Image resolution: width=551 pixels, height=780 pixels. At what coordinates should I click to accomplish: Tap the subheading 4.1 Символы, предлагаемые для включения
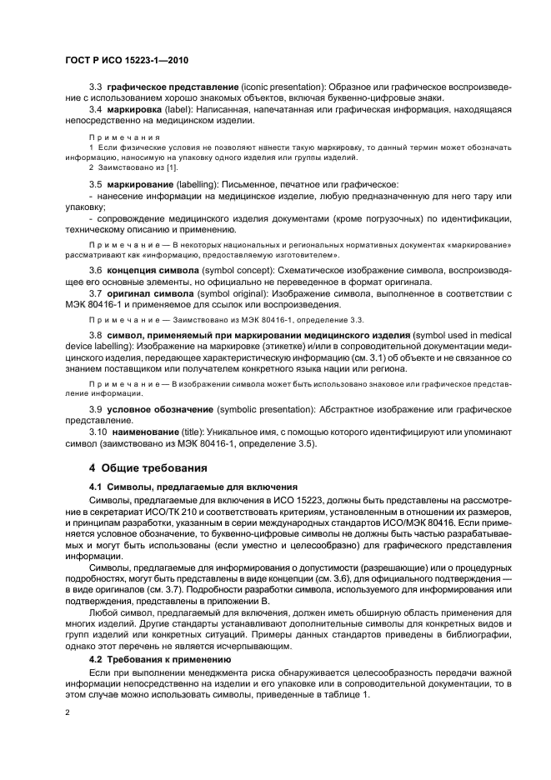(188, 486)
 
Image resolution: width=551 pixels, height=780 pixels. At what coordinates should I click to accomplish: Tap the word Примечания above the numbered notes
(118, 137)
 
